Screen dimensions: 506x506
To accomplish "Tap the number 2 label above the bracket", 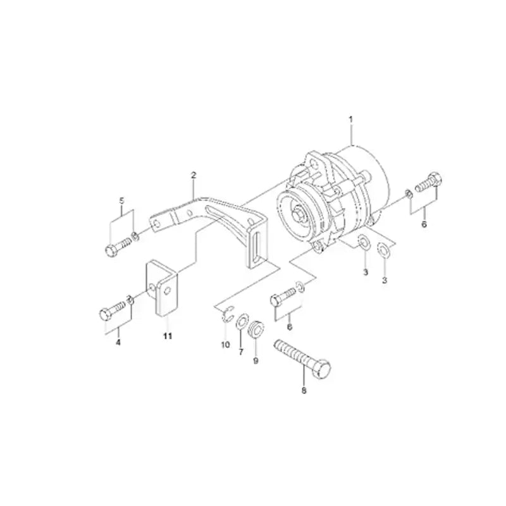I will click(x=194, y=174).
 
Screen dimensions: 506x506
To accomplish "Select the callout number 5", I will click(x=122, y=201).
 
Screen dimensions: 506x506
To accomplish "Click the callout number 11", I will click(x=167, y=336).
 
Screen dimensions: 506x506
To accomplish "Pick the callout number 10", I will click(x=225, y=345).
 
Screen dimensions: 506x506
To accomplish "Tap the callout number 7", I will click(x=240, y=352).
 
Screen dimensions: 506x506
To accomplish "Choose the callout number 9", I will click(x=256, y=361).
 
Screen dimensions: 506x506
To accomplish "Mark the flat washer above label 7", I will click(x=242, y=325).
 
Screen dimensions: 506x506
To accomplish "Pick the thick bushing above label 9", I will click(x=256, y=330).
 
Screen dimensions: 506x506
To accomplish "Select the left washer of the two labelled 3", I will click(x=364, y=243).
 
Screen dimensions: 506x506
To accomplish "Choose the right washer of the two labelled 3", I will click(x=383, y=250).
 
